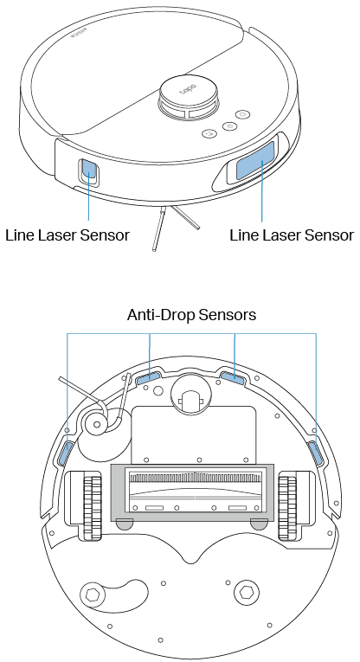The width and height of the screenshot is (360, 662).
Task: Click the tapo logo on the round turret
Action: click(188, 88)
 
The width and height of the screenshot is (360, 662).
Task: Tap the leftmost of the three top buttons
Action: click(207, 134)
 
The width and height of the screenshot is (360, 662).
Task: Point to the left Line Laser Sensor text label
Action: click(67, 235)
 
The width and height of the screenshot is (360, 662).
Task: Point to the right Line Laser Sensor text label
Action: click(292, 235)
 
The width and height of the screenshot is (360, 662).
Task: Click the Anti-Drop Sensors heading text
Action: click(191, 315)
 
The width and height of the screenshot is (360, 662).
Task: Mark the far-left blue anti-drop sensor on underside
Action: click(67, 452)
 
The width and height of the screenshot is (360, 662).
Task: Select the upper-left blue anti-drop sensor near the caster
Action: click(148, 375)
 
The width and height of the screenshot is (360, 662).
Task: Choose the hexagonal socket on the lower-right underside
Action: click(244, 595)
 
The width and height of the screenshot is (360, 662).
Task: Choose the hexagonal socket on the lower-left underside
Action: click(93, 595)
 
